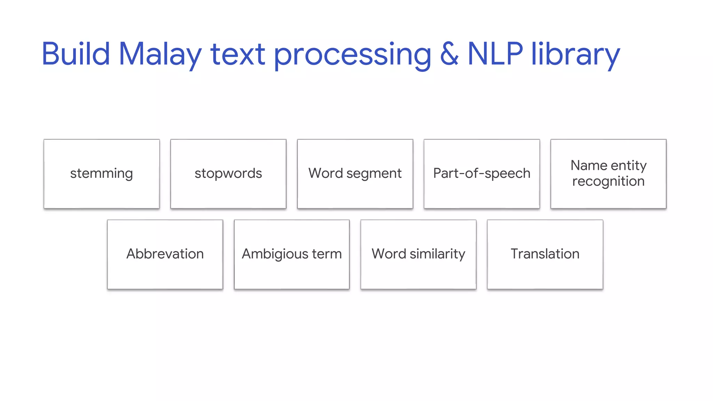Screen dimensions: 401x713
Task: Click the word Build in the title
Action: tap(76, 54)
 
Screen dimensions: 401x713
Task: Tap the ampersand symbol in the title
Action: tap(449, 54)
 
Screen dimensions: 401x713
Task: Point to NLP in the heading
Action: tap(495, 54)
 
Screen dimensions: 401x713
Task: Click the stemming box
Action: tap(102, 174)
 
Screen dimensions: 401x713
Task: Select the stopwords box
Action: tap(228, 174)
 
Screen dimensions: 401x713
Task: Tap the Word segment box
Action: tap(355, 174)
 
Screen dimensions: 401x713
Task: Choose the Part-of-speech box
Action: tap(482, 174)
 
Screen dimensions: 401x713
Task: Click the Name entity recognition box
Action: tap(609, 174)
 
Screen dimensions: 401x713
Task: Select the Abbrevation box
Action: tap(165, 254)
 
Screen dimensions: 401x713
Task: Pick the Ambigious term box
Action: tap(292, 254)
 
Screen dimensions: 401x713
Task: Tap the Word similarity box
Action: tap(418, 254)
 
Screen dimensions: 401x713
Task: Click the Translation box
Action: tap(545, 254)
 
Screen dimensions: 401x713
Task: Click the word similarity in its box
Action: tap(438, 254)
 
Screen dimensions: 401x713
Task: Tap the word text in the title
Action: tap(238, 54)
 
